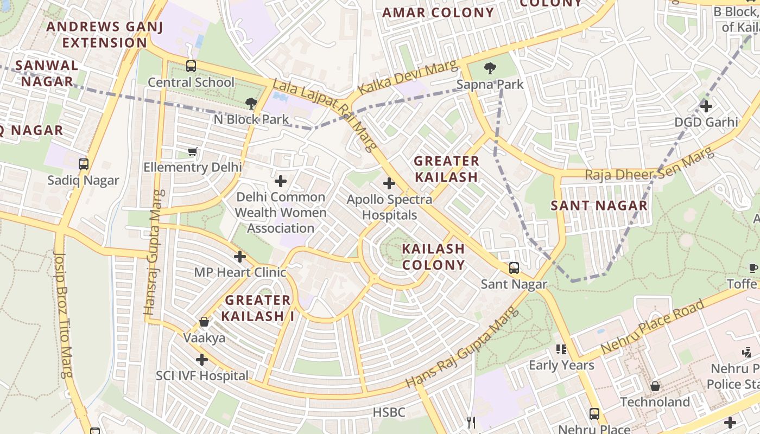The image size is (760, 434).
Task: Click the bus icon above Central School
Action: [x=191, y=66]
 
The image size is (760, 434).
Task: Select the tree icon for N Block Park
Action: [x=251, y=103]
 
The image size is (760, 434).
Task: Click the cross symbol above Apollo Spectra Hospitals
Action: [x=389, y=183]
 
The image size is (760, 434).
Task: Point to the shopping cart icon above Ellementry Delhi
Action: [x=192, y=151]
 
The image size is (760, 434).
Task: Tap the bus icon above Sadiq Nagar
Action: [x=83, y=164]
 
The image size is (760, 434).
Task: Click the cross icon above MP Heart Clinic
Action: [x=240, y=257]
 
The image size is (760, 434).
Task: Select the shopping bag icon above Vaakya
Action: [x=204, y=322]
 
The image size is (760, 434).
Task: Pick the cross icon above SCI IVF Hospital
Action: [x=202, y=359]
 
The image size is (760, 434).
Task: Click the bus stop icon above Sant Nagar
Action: [x=514, y=268]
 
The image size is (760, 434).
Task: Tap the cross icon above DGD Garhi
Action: [x=706, y=106]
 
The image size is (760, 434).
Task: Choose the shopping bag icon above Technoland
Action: [x=655, y=386]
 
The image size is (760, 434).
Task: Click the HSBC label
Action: [x=389, y=412]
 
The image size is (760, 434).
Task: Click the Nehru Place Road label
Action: [x=653, y=327]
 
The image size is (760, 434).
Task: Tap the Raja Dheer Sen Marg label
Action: [x=650, y=166]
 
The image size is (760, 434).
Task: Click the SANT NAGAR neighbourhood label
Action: [x=599, y=206]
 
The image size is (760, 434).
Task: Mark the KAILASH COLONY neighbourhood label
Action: [x=433, y=257]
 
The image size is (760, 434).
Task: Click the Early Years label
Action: [x=561, y=365]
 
